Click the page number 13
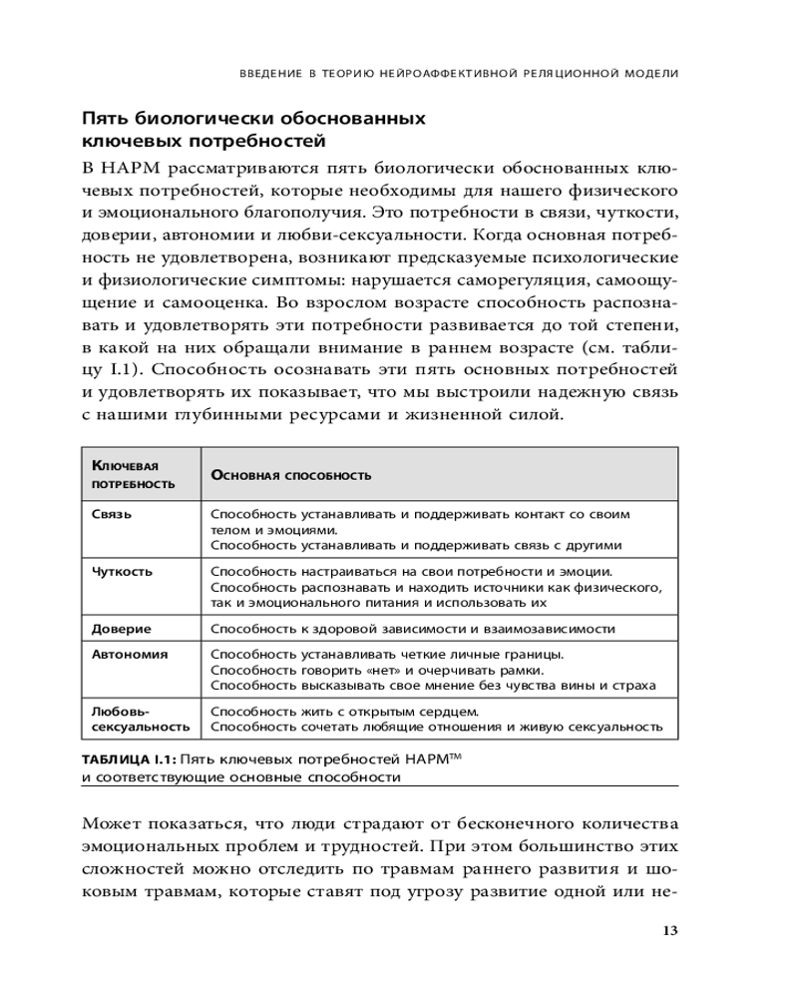[x=669, y=931]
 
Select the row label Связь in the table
[x=110, y=514]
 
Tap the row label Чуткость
[x=122, y=572]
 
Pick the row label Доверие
[x=121, y=630]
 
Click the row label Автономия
[x=129, y=655]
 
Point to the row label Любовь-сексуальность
[x=140, y=720]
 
